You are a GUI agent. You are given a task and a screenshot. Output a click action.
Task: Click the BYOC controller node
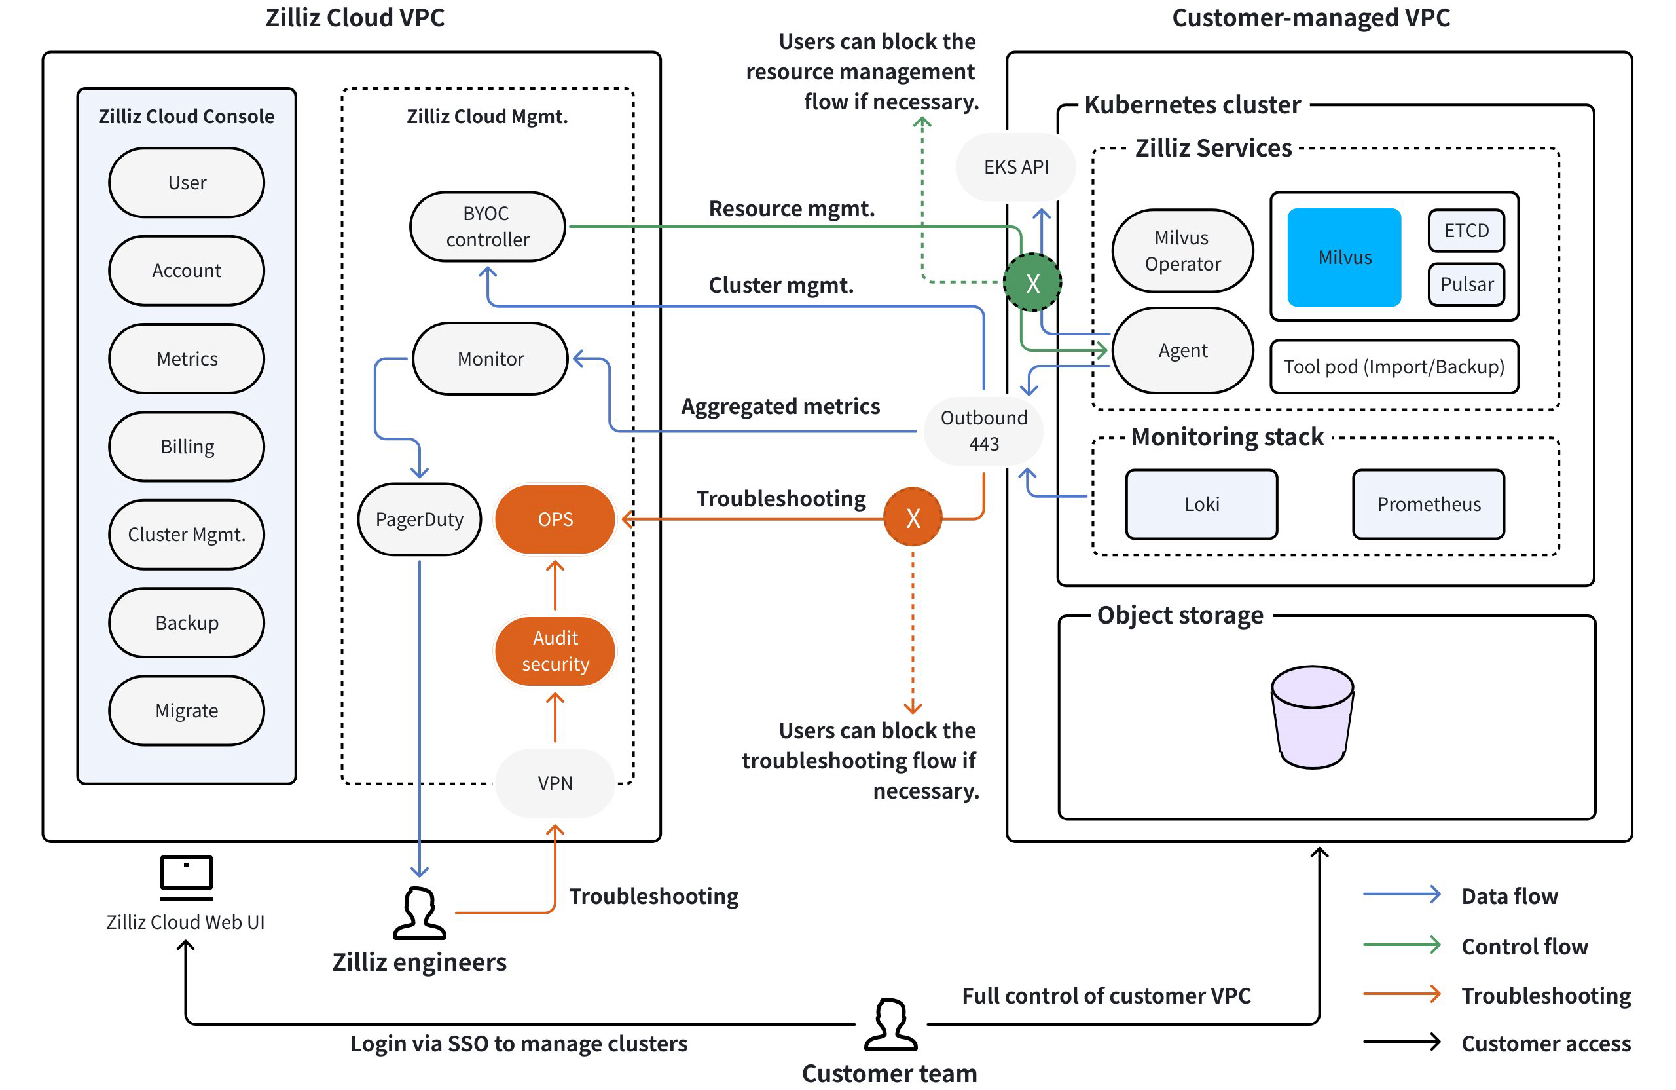[x=487, y=226]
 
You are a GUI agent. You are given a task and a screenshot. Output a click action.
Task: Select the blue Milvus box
[x=1343, y=257]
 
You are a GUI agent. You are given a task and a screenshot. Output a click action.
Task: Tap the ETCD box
[x=1466, y=231]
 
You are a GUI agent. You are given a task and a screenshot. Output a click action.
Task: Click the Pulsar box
[x=1466, y=284]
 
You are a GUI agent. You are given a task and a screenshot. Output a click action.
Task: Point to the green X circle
[x=1032, y=282]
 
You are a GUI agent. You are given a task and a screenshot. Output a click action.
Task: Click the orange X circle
[x=913, y=518]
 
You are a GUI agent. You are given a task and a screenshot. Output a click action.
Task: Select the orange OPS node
[x=555, y=519]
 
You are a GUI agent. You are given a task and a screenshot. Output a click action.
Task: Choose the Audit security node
[x=555, y=650]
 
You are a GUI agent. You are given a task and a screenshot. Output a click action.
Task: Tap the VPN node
[x=555, y=783]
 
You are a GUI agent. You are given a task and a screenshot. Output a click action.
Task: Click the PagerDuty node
[x=420, y=519]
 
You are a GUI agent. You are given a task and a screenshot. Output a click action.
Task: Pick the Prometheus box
[x=1428, y=504]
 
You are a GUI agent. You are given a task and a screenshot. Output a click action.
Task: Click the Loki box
[x=1201, y=504]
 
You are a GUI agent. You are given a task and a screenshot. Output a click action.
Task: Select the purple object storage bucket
[x=1312, y=717]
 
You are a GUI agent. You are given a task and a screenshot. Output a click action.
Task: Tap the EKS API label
[x=1015, y=167]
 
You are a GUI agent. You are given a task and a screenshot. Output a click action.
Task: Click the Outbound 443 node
[x=984, y=430]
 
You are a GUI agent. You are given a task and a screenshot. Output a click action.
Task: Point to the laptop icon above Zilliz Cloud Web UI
[x=186, y=876]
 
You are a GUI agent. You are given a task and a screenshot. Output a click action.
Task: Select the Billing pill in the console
[x=187, y=447]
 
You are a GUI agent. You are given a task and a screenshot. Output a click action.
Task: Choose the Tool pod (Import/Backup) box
[x=1394, y=366]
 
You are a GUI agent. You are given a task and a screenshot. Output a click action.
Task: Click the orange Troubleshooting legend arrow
[x=1402, y=994]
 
